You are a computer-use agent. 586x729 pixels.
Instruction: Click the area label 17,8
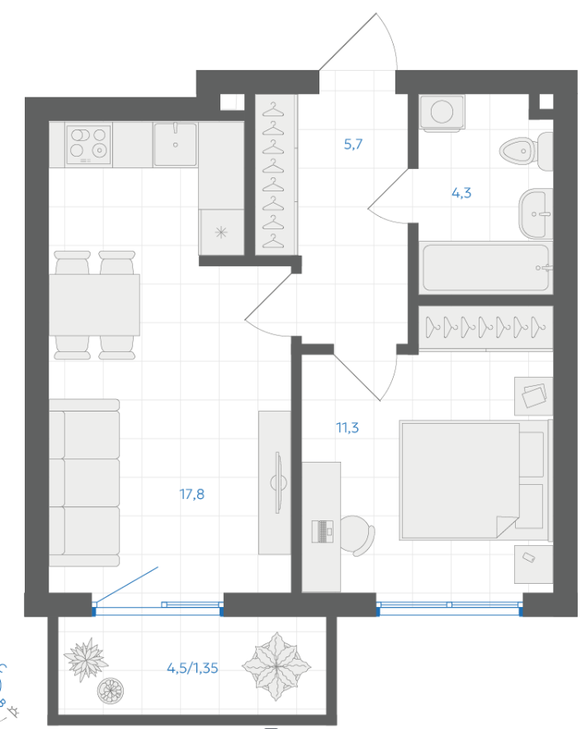(191, 494)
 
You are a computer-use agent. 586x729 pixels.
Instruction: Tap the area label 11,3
(347, 427)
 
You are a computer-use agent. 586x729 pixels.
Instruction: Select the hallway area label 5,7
(352, 144)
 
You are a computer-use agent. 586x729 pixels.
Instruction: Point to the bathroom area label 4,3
(461, 192)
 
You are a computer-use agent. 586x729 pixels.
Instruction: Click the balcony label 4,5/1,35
(192, 668)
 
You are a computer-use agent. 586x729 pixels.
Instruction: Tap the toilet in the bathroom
(526, 151)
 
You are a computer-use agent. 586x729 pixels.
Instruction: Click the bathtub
(485, 268)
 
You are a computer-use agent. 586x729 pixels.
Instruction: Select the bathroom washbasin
(536, 214)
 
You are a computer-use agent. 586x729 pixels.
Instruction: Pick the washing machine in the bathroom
(442, 112)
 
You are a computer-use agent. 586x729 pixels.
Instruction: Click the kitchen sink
(176, 144)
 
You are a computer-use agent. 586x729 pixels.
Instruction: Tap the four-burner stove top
(88, 144)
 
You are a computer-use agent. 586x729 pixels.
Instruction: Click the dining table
(94, 304)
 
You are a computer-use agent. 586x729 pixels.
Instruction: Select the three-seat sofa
(84, 482)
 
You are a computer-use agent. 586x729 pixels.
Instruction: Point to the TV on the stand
(278, 482)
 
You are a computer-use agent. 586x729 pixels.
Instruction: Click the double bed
(475, 481)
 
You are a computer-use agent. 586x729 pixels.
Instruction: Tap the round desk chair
(358, 535)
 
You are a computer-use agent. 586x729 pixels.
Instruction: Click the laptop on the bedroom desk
(322, 531)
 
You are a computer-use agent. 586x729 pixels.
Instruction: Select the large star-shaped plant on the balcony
(276, 666)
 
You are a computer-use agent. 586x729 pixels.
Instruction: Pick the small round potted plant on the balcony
(111, 690)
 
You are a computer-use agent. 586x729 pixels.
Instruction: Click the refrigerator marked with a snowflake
(221, 232)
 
